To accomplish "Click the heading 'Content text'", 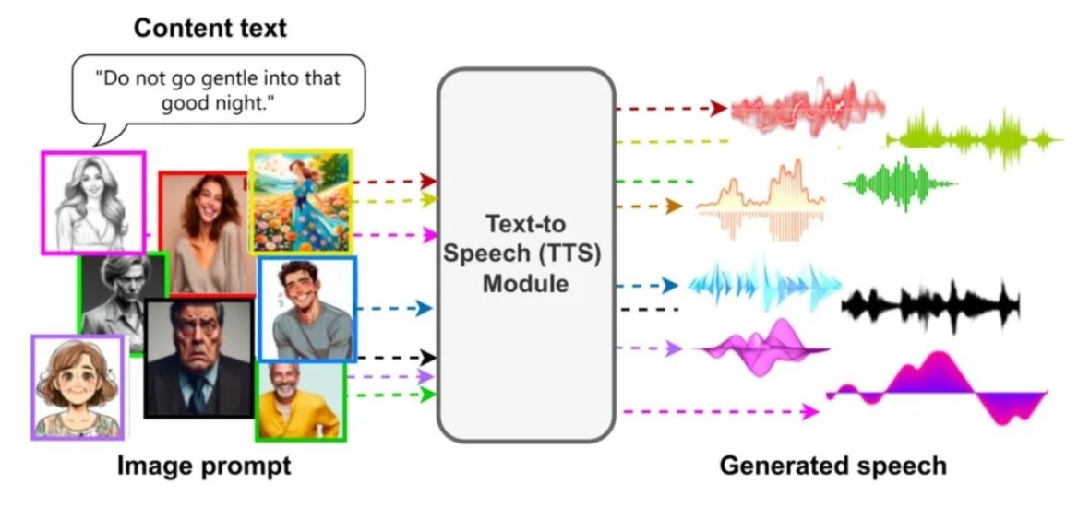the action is tap(210, 29).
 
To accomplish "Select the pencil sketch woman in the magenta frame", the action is tap(93, 203).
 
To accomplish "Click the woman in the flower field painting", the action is tap(301, 201).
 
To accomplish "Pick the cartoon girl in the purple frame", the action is tap(78, 387).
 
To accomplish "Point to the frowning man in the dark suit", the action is tap(198, 359).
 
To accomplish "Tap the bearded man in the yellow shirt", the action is tap(301, 401).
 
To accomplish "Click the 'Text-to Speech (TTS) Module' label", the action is tap(525, 254).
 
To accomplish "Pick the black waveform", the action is tap(931, 304).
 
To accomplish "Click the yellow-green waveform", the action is tap(974, 139).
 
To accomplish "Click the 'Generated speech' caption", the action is tap(832, 465).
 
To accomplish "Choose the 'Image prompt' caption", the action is tap(204, 466).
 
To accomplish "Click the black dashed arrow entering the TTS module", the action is tap(396, 358).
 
